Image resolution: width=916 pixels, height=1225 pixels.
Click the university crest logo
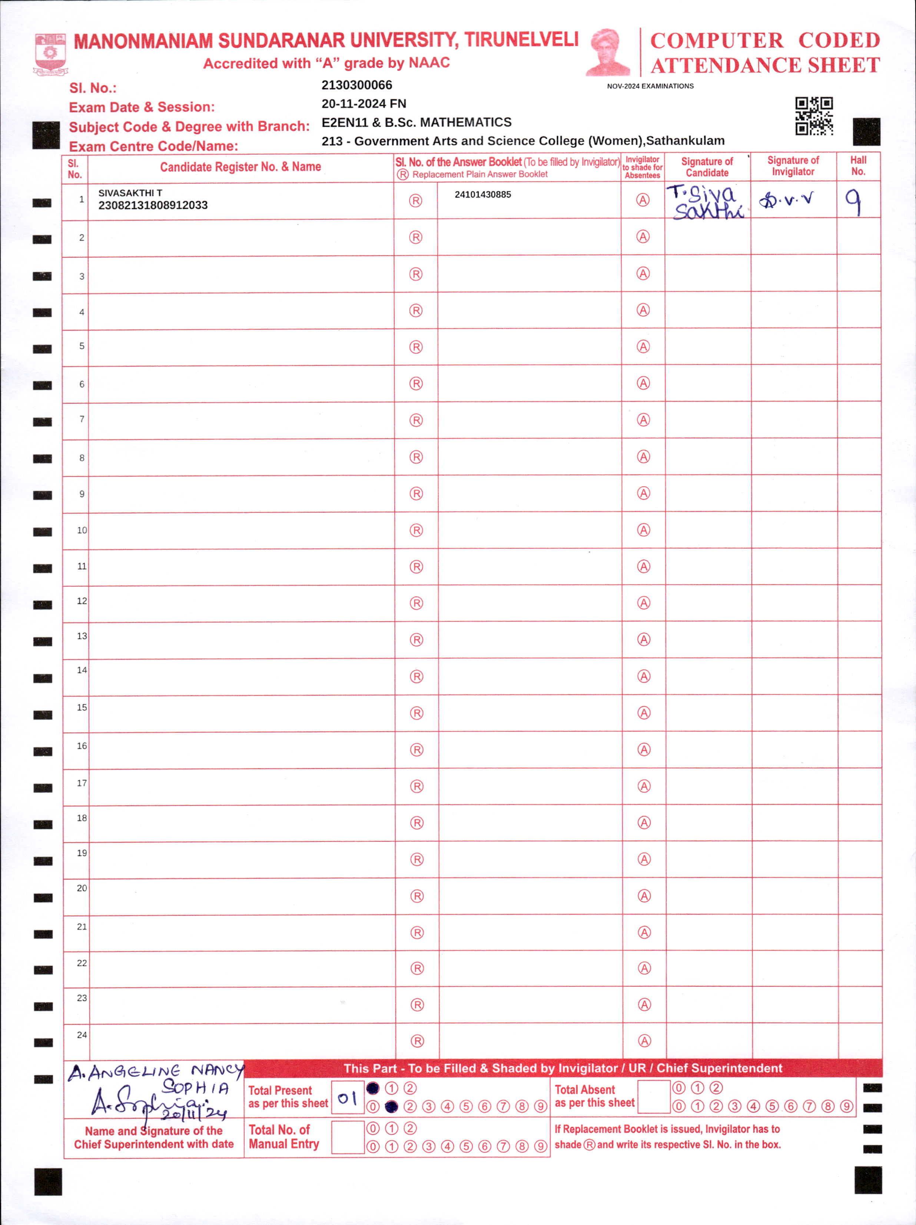[x=50, y=54]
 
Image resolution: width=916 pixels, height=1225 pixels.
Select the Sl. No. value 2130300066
[x=356, y=85]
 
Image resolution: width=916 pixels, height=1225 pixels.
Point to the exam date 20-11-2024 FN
[x=364, y=103]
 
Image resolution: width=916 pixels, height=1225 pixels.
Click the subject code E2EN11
[x=345, y=122]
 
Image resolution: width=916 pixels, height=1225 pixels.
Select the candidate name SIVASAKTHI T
[x=130, y=193]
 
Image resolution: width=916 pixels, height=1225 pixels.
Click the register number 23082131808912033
[x=153, y=205]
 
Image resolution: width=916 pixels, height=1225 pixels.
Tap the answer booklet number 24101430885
[x=482, y=195]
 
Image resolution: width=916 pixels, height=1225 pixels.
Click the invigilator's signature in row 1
[x=786, y=199]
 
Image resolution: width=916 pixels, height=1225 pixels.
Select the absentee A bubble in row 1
[x=643, y=200]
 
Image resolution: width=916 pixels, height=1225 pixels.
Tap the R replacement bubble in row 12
[x=416, y=603]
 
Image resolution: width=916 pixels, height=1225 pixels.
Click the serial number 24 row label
[x=82, y=1035]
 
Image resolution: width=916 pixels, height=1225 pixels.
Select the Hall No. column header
[x=858, y=166]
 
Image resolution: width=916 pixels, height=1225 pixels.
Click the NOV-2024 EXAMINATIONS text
[x=650, y=86]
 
